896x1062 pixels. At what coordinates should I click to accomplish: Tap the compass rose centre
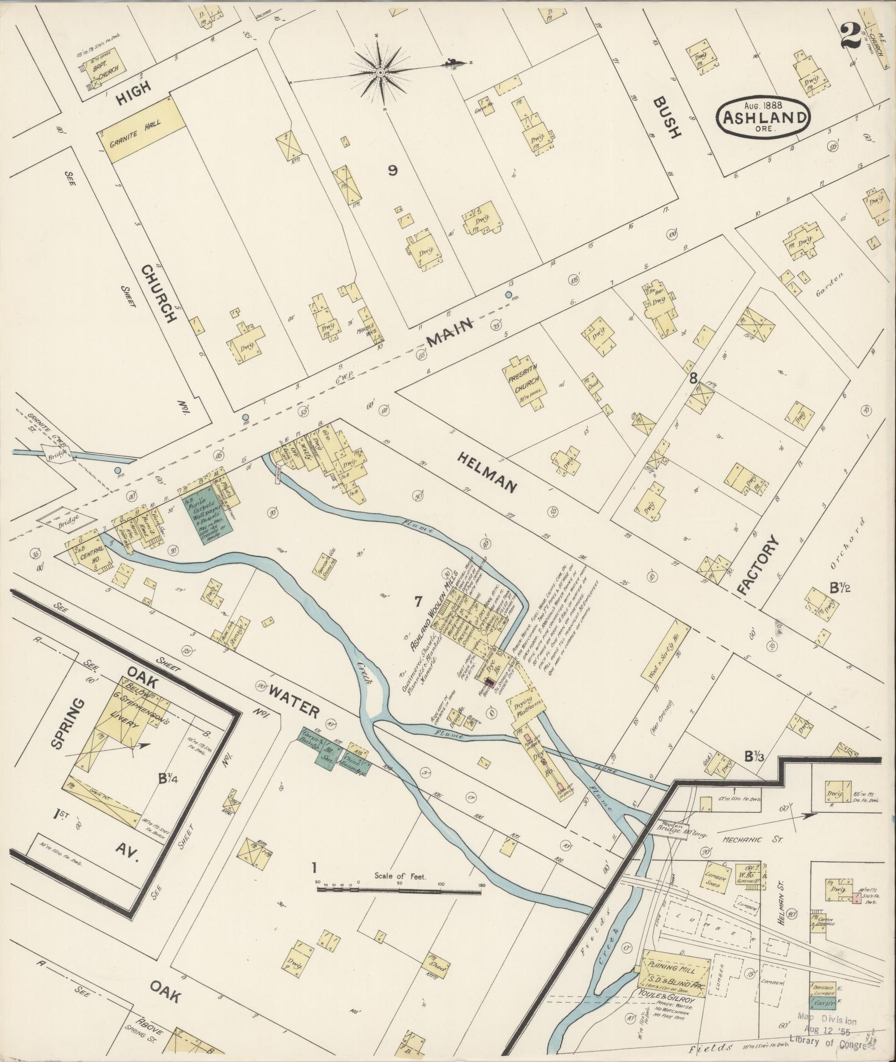[x=381, y=73]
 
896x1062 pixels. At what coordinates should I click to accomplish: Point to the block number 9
[x=392, y=170]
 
